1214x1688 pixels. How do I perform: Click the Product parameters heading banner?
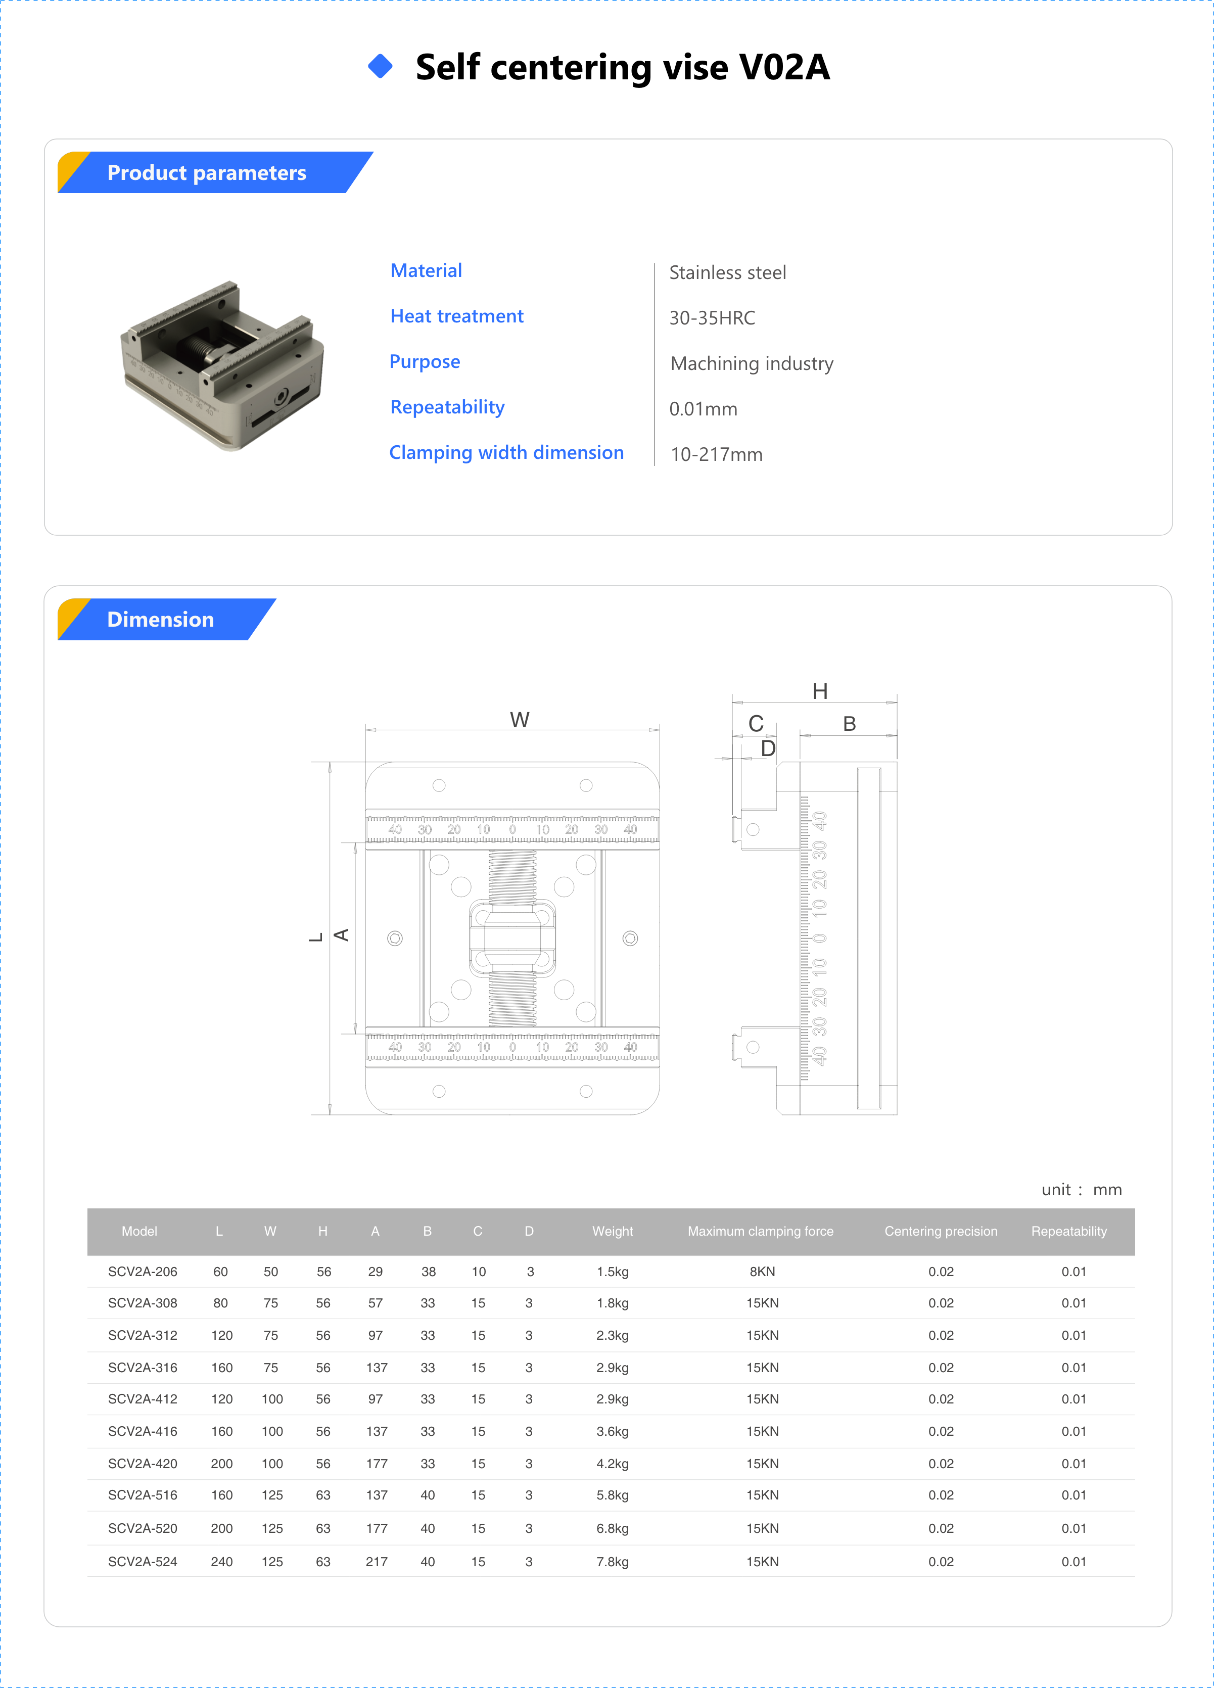(207, 173)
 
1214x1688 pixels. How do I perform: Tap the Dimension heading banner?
(161, 619)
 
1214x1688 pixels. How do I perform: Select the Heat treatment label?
(456, 316)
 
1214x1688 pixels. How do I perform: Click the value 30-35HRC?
(712, 318)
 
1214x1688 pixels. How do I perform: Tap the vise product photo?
(223, 365)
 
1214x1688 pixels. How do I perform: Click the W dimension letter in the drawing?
(520, 720)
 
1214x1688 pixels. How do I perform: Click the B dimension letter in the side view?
(849, 723)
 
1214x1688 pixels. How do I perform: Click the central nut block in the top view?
(512, 938)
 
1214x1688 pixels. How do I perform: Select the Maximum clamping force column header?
(760, 1231)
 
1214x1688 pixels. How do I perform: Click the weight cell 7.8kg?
(612, 1562)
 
